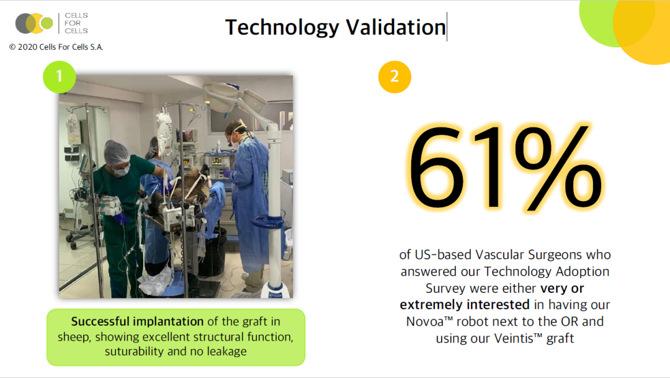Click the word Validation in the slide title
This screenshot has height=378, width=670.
[x=396, y=27]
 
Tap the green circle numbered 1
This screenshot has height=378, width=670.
[x=60, y=77]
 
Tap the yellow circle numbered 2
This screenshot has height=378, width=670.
[x=395, y=77]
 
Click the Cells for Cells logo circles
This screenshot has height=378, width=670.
[x=34, y=23]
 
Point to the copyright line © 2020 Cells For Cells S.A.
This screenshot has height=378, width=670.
[x=56, y=47]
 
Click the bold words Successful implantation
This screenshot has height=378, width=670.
[x=137, y=321]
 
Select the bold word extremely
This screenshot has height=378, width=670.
[x=431, y=305]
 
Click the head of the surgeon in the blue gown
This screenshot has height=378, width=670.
[x=236, y=133]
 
